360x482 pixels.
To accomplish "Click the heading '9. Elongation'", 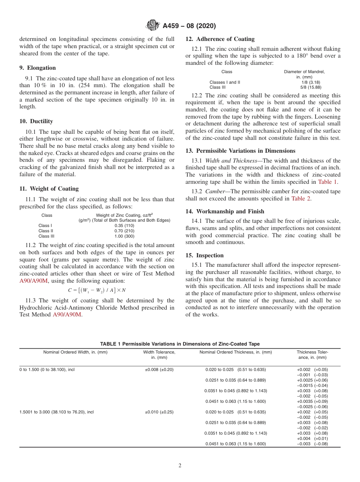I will (x=38, y=68).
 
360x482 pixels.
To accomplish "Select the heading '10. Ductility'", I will (x=36, y=121).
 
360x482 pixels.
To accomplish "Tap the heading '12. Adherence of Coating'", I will (x=220, y=39).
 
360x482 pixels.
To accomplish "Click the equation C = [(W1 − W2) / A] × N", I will (x=97, y=290).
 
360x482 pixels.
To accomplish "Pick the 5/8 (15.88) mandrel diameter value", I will (x=304, y=87).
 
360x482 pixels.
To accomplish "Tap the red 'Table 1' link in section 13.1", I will (x=328, y=182).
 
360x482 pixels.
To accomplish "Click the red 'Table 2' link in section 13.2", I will (x=301, y=199).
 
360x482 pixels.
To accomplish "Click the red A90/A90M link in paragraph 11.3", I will (x=67, y=315).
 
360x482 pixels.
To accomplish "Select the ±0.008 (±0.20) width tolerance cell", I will (x=159, y=369).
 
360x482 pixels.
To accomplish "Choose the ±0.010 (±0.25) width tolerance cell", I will (x=159, y=412).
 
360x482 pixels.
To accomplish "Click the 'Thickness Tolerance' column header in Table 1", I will (x=312, y=355).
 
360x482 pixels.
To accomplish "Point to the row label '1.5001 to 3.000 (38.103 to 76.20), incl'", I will (x=56, y=412).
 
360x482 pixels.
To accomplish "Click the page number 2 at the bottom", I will (x=180, y=466).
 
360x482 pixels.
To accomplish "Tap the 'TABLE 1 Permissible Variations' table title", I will (x=180, y=344).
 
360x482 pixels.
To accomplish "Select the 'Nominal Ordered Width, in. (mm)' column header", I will (x=75, y=352).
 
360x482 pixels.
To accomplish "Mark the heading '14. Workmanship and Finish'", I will (x=225, y=211).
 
